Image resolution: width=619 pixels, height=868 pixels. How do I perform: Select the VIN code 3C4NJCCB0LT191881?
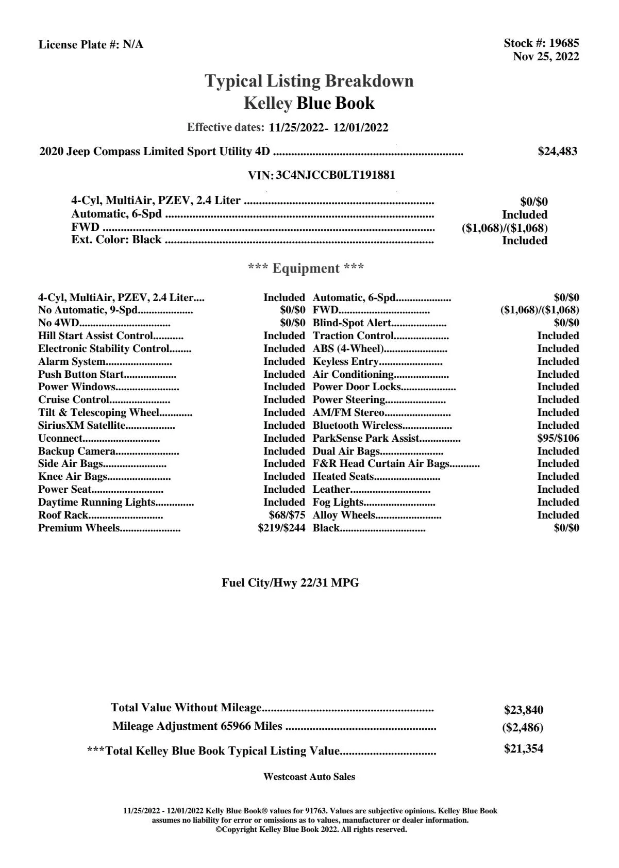336,175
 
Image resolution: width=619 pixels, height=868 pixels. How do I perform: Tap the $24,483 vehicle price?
557,151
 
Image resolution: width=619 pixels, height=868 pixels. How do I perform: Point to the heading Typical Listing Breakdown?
309,81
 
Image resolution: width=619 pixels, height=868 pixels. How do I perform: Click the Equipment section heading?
306,268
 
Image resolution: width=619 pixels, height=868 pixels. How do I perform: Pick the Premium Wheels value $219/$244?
281,528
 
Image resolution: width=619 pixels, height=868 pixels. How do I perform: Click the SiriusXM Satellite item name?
82,425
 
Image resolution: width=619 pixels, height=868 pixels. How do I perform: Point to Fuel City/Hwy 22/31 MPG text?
290,583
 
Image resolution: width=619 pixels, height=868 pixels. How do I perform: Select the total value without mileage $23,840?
523,710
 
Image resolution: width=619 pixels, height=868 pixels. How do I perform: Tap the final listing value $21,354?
523,748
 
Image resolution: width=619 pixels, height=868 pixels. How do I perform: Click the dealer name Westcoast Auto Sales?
309,776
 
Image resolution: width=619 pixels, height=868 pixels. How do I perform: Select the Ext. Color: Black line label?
116,240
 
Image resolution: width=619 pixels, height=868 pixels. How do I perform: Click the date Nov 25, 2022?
546,57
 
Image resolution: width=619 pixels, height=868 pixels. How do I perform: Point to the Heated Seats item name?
343,476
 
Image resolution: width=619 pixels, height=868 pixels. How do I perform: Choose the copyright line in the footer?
311,829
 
